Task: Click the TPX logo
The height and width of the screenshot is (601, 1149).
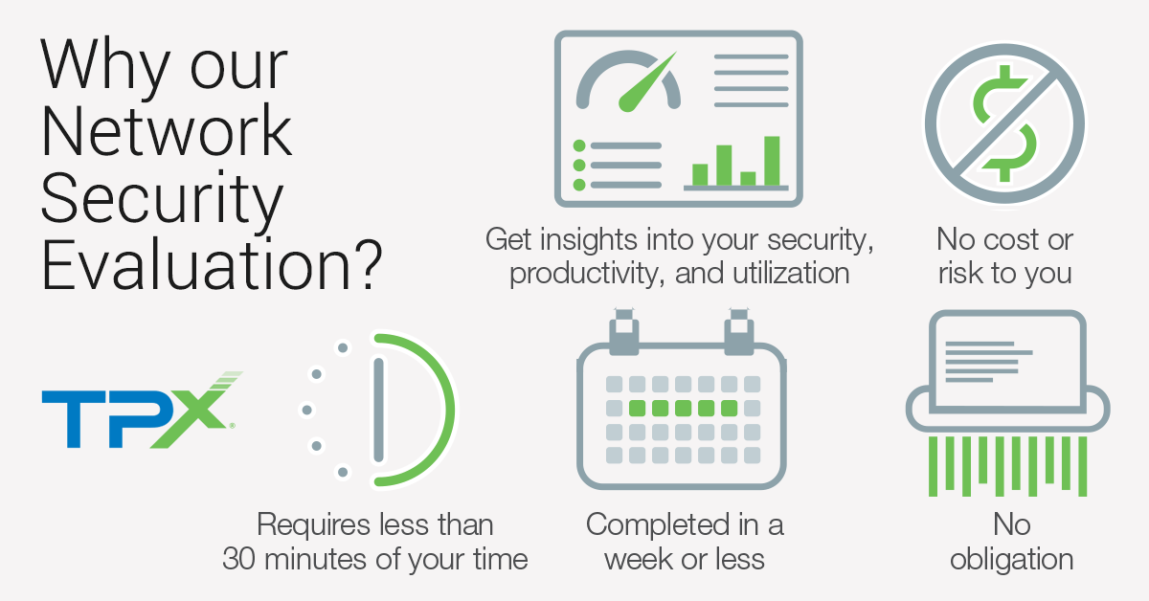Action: tap(139, 411)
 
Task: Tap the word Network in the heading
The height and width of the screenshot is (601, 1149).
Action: tap(167, 130)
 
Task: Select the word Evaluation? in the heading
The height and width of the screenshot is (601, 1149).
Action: tap(212, 264)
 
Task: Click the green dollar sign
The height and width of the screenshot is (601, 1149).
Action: tap(1004, 123)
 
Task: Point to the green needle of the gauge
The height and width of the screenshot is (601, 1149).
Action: tap(647, 82)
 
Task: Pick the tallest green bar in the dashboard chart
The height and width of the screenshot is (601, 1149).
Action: tap(772, 161)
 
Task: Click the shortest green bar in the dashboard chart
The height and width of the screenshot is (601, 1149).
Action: tap(748, 178)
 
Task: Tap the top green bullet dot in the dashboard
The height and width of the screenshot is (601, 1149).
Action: tap(579, 146)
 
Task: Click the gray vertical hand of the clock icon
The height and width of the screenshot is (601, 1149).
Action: tap(378, 411)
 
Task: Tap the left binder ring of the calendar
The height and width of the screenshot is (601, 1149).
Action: tap(624, 332)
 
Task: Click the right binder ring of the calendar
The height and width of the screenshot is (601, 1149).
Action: tap(739, 332)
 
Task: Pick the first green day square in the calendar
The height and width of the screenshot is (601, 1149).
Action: tap(637, 409)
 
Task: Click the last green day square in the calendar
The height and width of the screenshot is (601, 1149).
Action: tap(729, 409)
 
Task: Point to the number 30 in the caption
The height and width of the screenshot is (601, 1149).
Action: tap(238, 559)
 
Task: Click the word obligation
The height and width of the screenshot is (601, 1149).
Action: tap(1011, 559)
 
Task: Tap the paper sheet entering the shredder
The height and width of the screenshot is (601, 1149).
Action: tap(1007, 362)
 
